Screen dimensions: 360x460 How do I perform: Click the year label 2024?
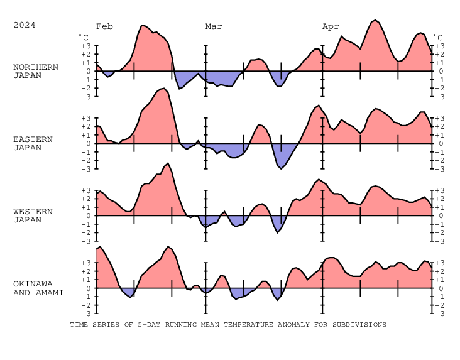click(x=25, y=25)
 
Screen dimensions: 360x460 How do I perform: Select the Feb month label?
click(x=104, y=26)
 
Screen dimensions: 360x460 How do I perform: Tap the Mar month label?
click(x=214, y=26)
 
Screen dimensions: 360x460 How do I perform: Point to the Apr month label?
click(x=331, y=26)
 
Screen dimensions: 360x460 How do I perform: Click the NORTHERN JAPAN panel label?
click(x=36, y=71)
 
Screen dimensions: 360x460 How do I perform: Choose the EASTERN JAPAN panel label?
click(x=33, y=143)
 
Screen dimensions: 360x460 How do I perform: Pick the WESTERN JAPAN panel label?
click(x=33, y=215)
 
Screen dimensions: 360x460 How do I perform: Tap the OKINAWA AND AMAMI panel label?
click(x=38, y=288)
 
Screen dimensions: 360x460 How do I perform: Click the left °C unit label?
click(x=83, y=37)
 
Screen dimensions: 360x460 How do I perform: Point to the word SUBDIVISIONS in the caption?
click(x=360, y=325)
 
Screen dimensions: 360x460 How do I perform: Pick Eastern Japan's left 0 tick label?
click(x=88, y=143)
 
